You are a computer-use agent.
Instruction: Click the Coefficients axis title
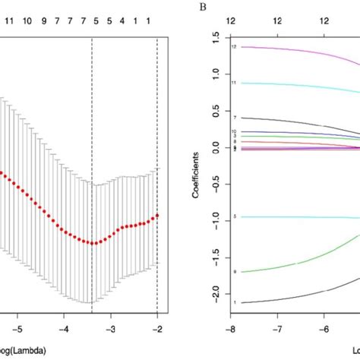196,171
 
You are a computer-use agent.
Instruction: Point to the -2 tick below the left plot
156,330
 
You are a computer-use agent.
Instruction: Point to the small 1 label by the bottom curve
235,302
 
